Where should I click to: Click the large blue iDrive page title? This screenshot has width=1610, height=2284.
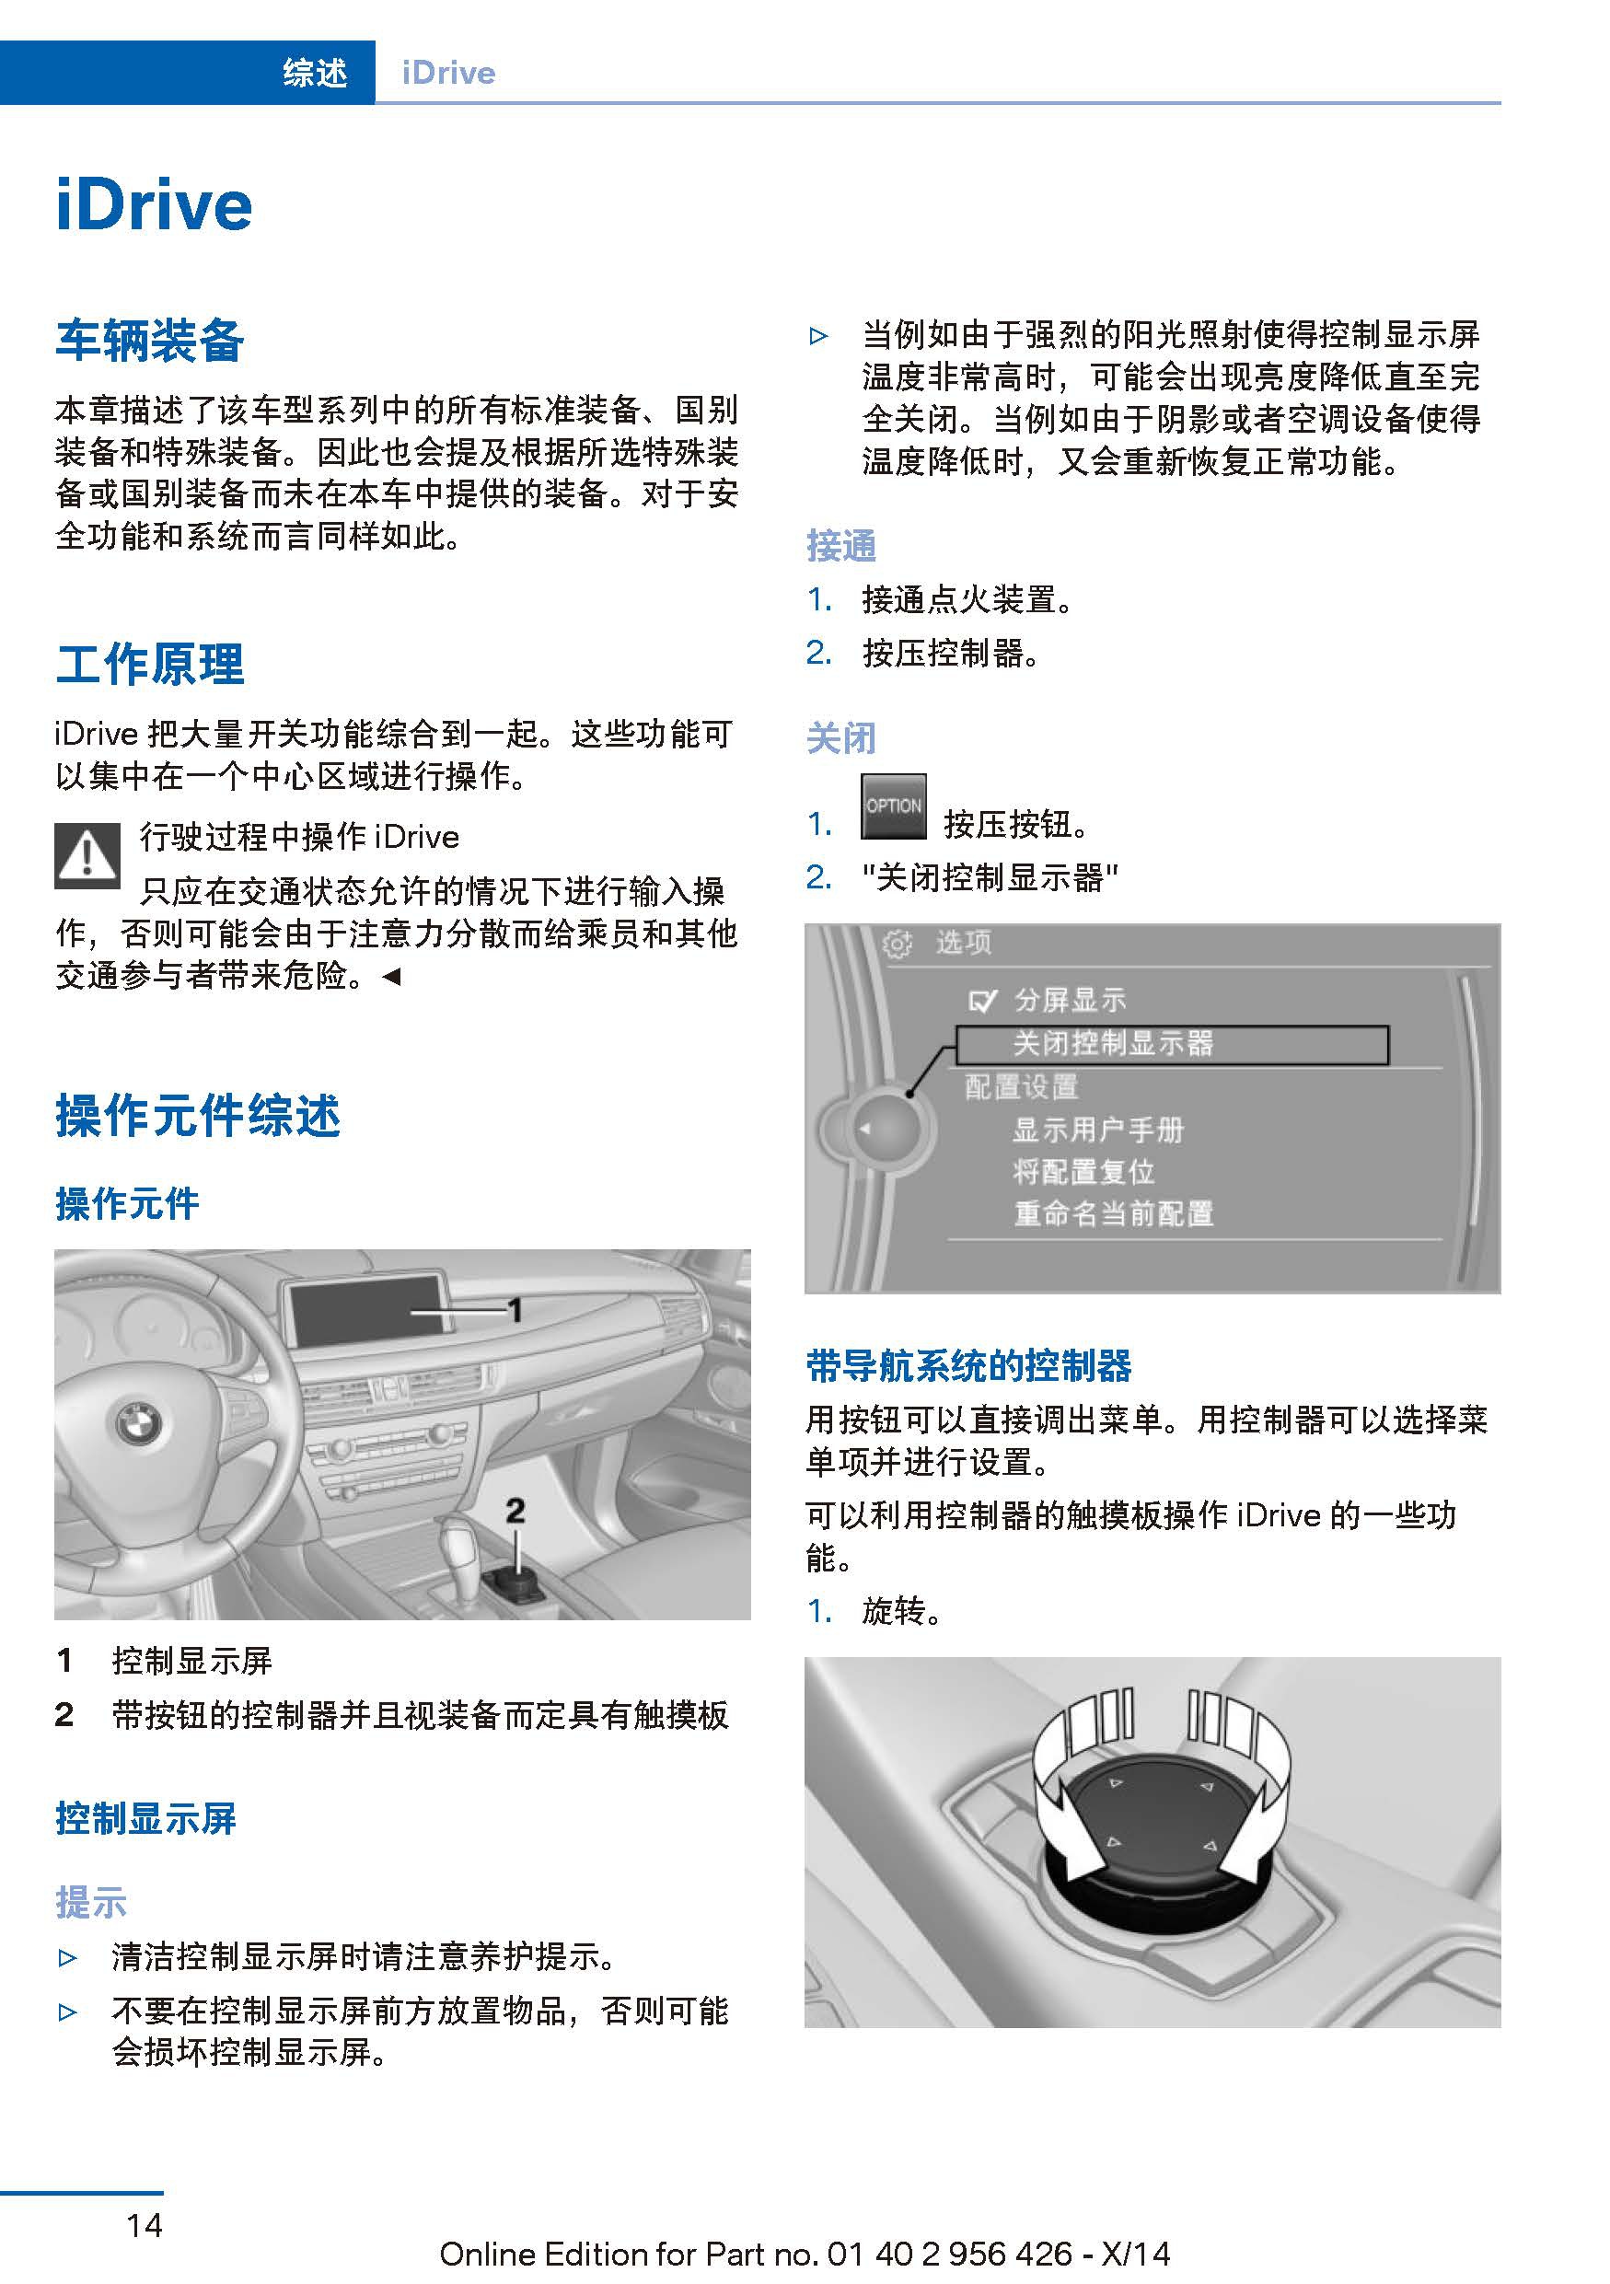point(154,206)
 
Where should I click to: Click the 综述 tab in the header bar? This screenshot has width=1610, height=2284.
point(314,73)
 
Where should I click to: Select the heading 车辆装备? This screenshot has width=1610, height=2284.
point(149,341)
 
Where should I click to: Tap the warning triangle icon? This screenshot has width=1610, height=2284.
point(87,855)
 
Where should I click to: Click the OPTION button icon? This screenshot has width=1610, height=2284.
point(893,806)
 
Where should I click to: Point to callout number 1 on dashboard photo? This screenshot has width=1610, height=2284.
point(515,1309)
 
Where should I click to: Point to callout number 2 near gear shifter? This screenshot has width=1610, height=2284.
point(515,1510)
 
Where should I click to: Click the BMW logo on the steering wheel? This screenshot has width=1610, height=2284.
point(138,1422)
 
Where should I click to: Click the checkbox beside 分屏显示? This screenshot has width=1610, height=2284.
point(981,1001)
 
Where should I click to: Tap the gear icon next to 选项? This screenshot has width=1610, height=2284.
point(897,943)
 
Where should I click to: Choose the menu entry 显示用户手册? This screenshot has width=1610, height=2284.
point(1098,1130)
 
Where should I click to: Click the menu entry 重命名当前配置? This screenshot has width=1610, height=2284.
point(1113,1213)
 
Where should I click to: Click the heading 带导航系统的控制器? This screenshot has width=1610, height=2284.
point(968,1366)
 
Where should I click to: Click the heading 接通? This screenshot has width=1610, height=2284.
point(840,545)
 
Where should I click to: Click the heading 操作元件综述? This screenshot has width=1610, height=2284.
point(198,1115)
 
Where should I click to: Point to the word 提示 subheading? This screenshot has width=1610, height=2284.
point(90,1902)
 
